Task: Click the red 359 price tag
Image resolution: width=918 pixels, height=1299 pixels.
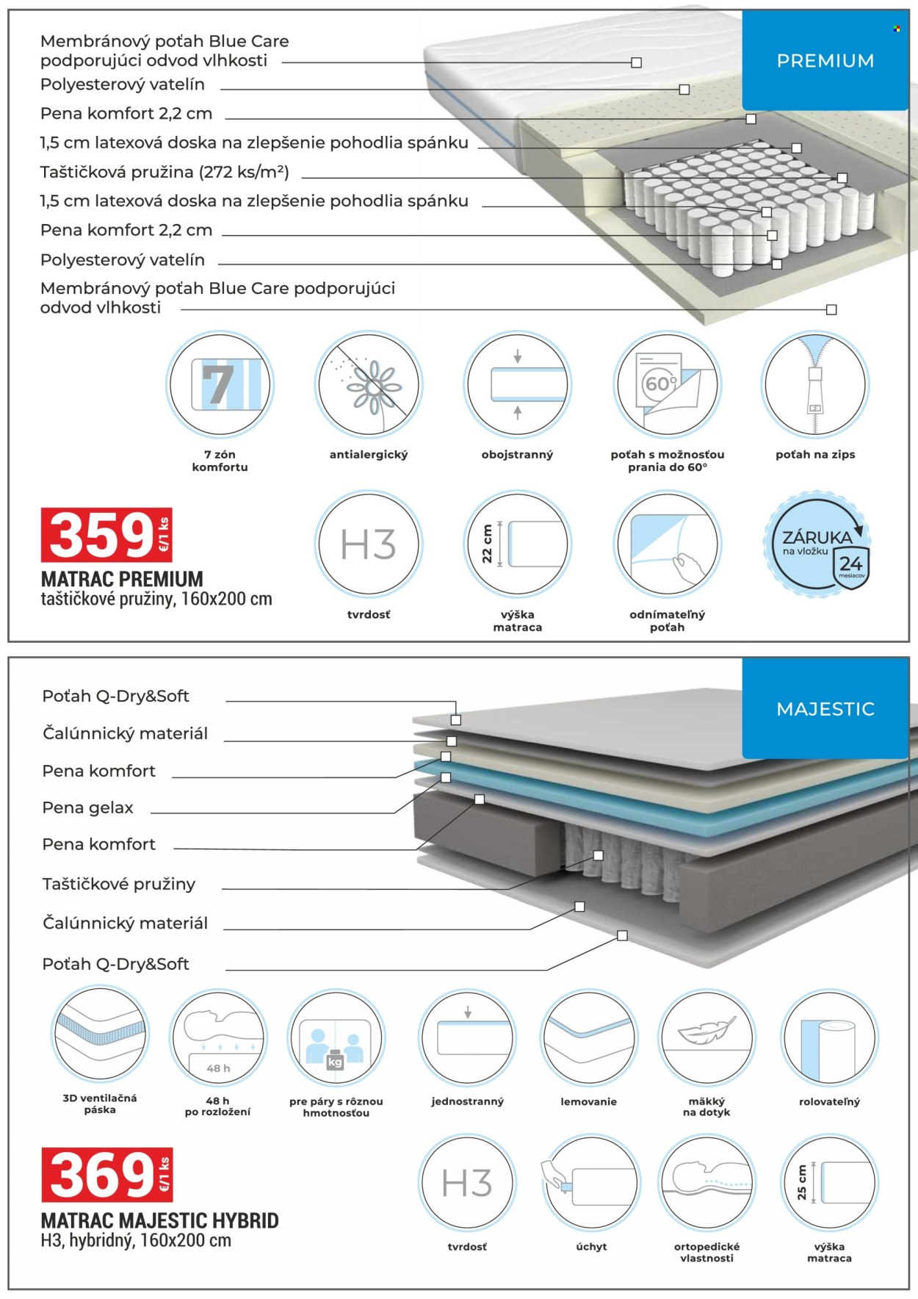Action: (x=106, y=534)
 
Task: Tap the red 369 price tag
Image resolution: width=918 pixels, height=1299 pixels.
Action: (x=106, y=1174)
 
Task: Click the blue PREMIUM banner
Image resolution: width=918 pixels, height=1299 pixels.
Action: (x=825, y=60)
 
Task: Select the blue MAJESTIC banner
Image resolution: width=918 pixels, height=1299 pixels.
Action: (x=825, y=708)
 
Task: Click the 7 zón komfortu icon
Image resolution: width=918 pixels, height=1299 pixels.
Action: (x=220, y=384)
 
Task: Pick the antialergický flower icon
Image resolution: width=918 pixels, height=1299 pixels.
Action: (x=369, y=384)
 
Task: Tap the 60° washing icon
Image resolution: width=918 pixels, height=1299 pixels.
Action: (x=667, y=384)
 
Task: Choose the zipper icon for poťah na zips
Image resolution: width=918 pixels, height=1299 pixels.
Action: (x=815, y=384)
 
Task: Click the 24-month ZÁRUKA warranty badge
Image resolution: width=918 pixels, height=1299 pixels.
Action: (x=817, y=544)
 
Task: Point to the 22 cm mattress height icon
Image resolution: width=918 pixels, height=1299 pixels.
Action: (x=518, y=544)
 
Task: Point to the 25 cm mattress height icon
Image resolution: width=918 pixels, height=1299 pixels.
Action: (x=829, y=1182)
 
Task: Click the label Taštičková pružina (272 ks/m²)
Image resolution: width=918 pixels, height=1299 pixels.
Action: (x=165, y=172)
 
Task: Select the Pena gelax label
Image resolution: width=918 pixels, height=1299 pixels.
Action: (x=88, y=808)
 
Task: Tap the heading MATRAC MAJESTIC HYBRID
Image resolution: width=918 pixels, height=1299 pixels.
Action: (x=160, y=1220)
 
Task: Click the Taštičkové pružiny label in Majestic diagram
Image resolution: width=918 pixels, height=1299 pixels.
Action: (x=119, y=884)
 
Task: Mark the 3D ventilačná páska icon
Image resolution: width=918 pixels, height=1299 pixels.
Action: (x=100, y=1036)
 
